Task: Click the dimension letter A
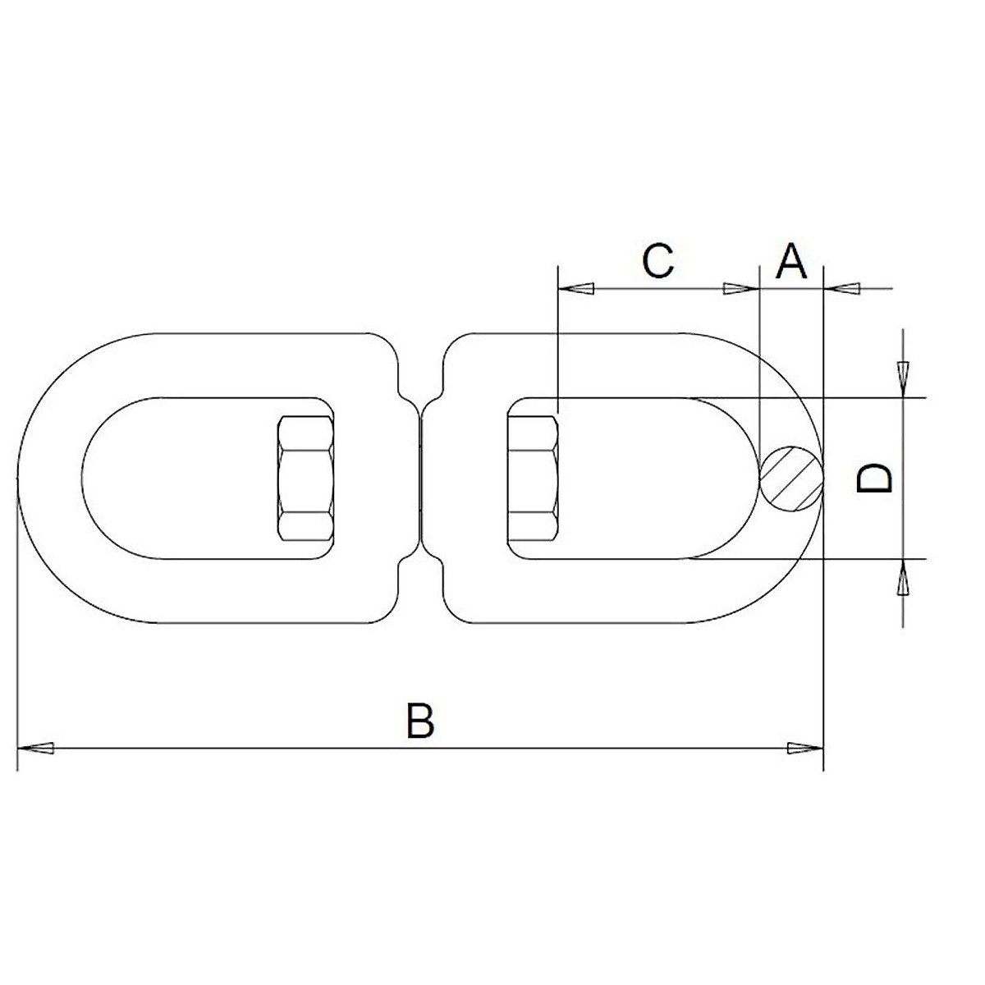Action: (x=791, y=261)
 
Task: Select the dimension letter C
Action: (x=657, y=261)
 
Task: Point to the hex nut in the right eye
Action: (x=533, y=479)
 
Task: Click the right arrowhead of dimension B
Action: (x=804, y=748)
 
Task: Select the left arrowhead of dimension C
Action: (x=576, y=289)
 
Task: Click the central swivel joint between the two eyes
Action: (x=420, y=479)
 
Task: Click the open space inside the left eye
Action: (x=181, y=479)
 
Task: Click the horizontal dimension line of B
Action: (x=246, y=748)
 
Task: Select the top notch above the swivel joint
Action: (x=420, y=386)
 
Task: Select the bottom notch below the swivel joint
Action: (x=420, y=571)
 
